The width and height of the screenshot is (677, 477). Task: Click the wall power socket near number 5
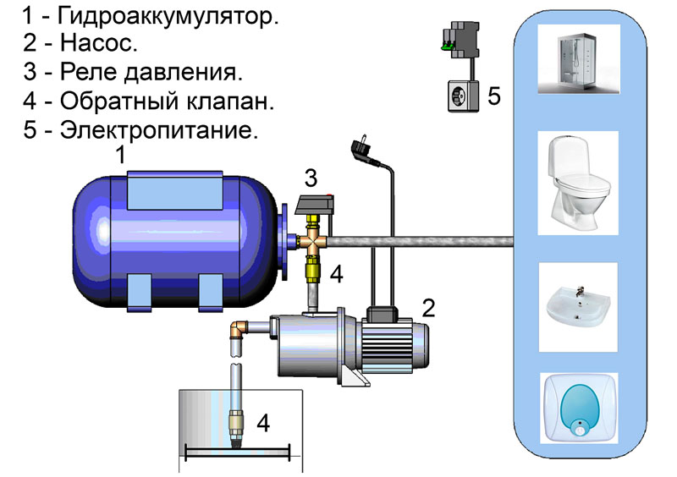coord(462,95)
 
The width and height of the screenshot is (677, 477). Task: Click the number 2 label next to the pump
coord(428,307)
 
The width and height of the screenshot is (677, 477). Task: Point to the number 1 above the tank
coord(120,156)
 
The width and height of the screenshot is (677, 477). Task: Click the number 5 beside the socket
coord(494,96)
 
